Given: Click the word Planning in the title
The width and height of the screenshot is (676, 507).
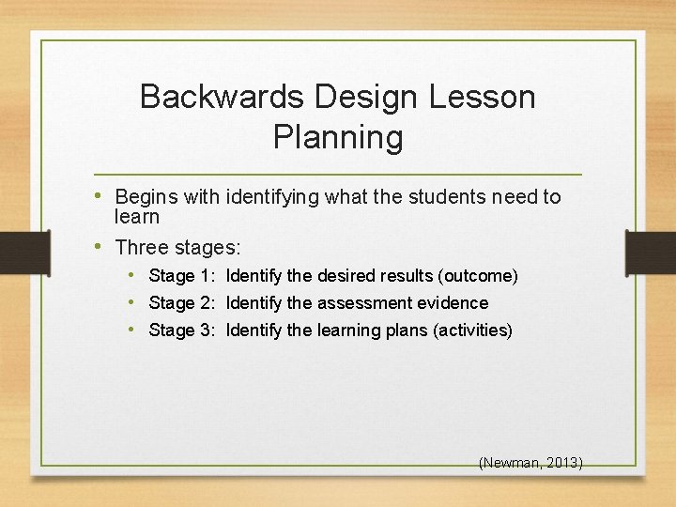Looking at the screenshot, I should point(338,137).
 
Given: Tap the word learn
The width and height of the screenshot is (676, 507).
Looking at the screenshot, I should point(137,217).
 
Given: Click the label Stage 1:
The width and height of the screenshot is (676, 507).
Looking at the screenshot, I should point(183,276).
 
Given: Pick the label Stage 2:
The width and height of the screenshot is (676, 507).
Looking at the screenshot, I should point(183,303).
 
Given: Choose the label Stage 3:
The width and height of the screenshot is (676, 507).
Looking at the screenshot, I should point(183,330).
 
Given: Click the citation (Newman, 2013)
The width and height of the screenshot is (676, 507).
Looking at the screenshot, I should point(530,463).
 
